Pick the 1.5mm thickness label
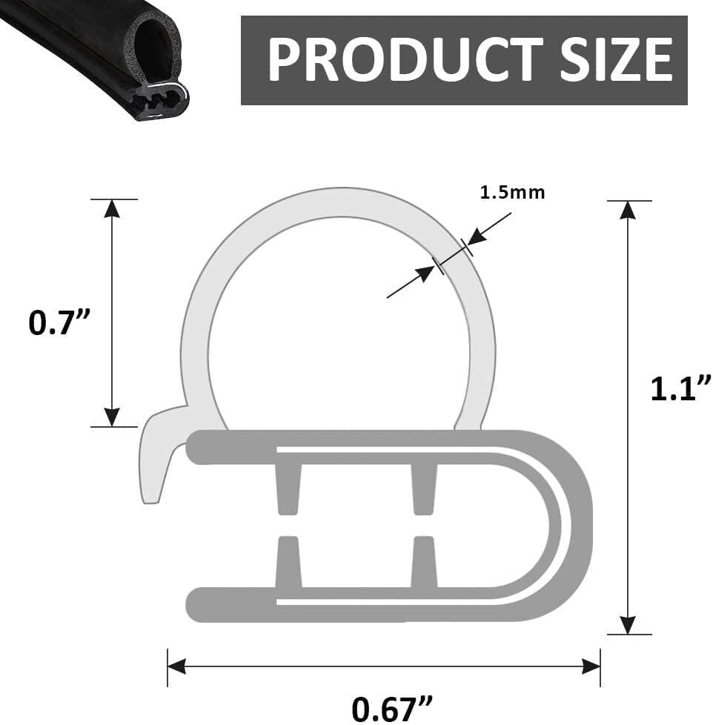click(x=512, y=193)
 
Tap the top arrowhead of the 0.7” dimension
click(x=112, y=209)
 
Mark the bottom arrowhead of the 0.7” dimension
click(x=112, y=417)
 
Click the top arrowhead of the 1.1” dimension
click(x=629, y=210)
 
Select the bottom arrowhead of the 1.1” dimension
click(x=629, y=625)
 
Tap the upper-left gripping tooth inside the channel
click(x=289, y=486)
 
